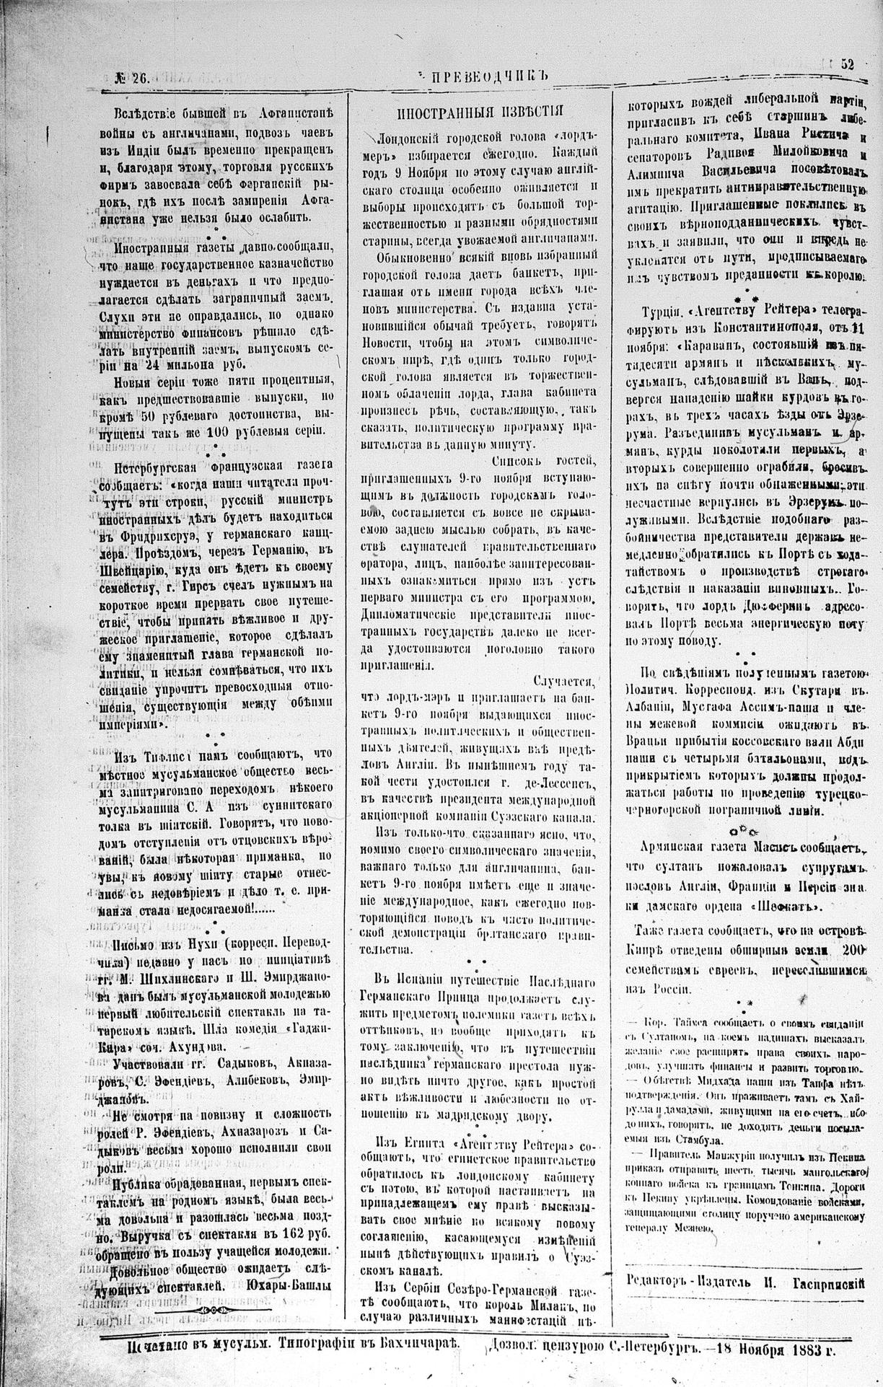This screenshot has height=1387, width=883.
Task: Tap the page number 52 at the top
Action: point(847,63)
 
